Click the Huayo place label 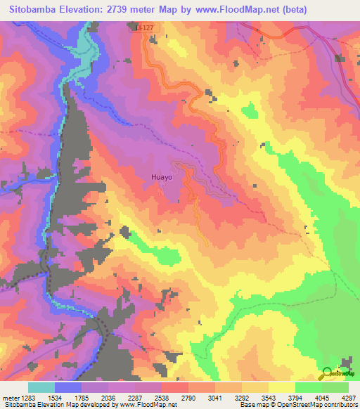(162, 178)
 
